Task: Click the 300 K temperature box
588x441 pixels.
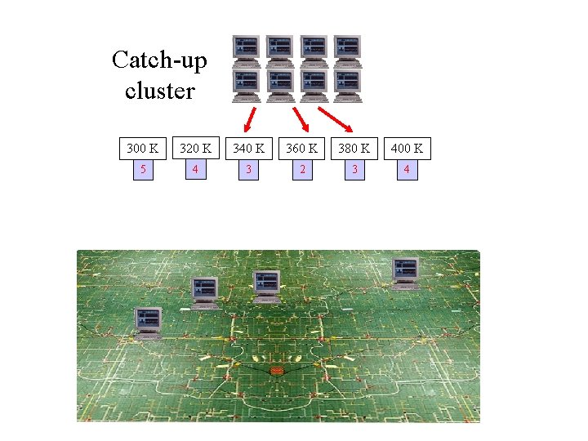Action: click(x=143, y=149)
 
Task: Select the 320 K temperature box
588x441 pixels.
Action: click(x=195, y=149)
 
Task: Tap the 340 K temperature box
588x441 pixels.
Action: click(x=248, y=149)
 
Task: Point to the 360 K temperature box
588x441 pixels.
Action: click(x=301, y=149)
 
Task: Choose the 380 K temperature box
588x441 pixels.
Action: click(x=354, y=149)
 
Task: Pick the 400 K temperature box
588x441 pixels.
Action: click(x=406, y=149)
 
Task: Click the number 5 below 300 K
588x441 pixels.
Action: click(x=143, y=170)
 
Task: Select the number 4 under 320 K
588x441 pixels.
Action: click(x=195, y=170)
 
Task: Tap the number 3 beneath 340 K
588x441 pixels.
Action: click(x=248, y=170)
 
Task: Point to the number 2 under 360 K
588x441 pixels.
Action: click(x=301, y=170)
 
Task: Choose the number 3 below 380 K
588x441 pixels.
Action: click(x=354, y=170)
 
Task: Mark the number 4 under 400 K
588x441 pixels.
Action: click(x=406, y=170)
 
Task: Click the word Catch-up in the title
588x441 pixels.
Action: click(x=159, y=60)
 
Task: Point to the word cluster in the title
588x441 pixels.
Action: click(x=160, y=90)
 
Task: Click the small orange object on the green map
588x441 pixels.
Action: click(x=276, y=372)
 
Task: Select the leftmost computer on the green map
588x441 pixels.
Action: click(x=149, y=323)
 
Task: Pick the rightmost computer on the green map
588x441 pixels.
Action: click(x=405, y=274)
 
